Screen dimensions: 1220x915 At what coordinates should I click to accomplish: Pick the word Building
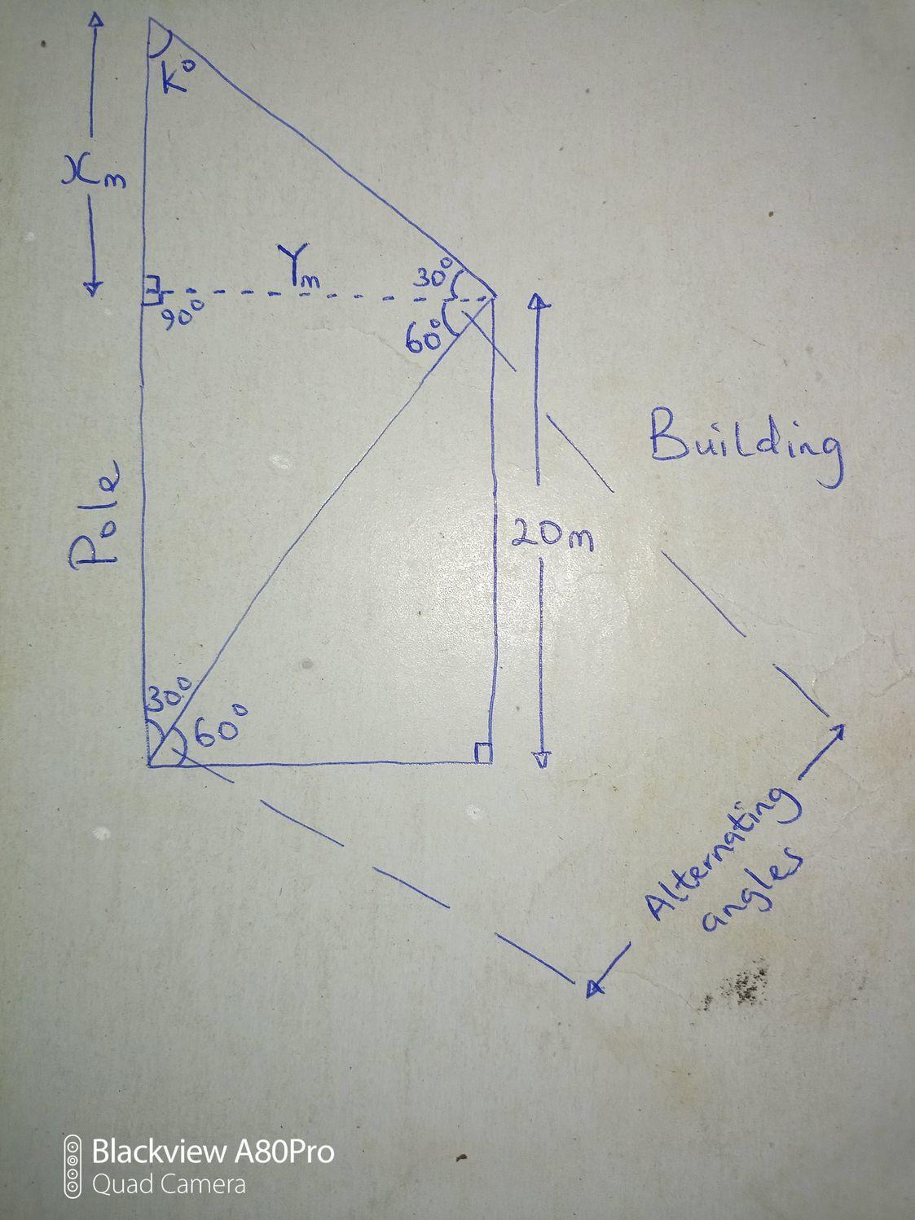pyautogui.click(x=746, y=445)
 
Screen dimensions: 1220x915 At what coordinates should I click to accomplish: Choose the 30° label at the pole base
pyautogui.click(x=169, y=697)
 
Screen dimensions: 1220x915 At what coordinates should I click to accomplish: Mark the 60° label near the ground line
pyautogui.click(x=219, y=730)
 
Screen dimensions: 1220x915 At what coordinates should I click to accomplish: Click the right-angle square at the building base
pyautogui.click(x=483, y=753)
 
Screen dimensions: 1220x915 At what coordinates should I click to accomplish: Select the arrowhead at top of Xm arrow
pyautogui.click(x=97, y=20)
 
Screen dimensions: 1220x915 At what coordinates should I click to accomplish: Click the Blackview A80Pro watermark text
pyautogui.click(x=213, y=1152)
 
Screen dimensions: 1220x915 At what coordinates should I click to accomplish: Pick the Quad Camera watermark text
pyautogui.click(x=169, y=1183)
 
